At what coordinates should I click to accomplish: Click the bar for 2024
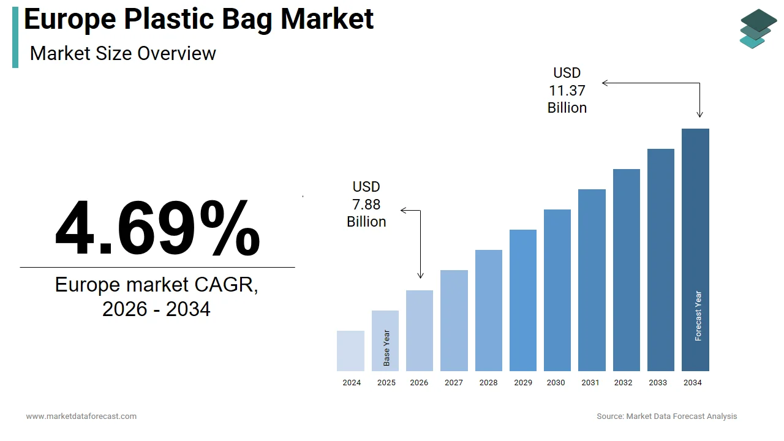[350, 351]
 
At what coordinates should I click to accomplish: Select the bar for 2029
[523, 300]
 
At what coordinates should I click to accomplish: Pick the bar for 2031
[592, 280]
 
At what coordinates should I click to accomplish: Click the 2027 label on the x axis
[454, 383]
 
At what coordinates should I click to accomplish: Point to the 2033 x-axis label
[658, 383]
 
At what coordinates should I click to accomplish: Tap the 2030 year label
[556, 383]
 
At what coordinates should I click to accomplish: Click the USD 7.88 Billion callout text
[366, 204]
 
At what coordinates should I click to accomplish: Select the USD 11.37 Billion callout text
[567, 91]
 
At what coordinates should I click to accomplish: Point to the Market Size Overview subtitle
[123, 53]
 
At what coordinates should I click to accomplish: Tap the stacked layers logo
[758, 28]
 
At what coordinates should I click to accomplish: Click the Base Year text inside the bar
[386, 348]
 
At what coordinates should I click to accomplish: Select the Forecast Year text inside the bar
[698, 315]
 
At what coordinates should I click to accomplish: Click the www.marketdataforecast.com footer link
[81, 417]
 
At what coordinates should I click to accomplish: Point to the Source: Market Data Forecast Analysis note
[666, 417]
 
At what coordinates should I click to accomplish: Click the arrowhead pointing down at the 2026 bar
[420, 276]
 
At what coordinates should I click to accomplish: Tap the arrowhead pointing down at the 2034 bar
[699, 114]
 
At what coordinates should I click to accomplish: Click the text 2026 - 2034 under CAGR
[156, 309]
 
